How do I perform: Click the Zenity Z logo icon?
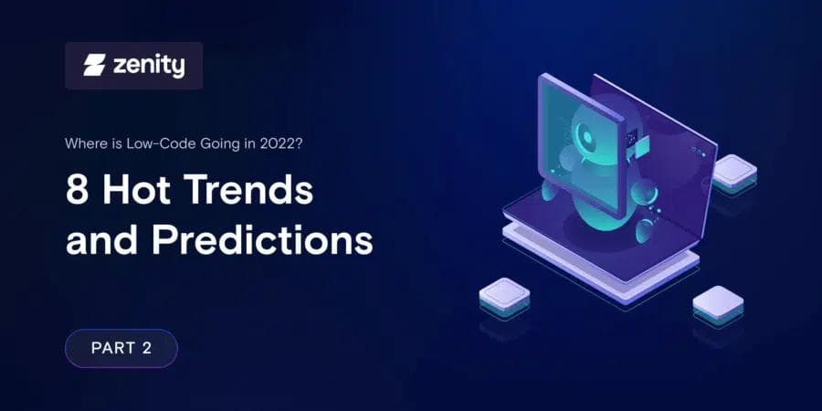94,66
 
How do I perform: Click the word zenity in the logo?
148,66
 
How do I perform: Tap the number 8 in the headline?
78,193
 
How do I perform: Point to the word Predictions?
262,240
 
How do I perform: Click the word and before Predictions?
102,240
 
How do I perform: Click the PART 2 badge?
121,348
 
